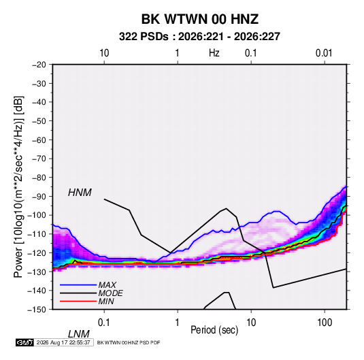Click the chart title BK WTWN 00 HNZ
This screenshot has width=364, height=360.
click(200, 19)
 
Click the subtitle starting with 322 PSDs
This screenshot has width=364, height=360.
click(199, 37)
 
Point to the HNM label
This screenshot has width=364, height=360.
click(80, 193)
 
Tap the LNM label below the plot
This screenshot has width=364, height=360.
click(79, 334)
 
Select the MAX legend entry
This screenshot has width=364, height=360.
click(107, 284)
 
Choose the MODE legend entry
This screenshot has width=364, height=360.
click(110, 293)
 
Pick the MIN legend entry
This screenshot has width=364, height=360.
click(106, 301)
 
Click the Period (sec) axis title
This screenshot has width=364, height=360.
click(214, 330)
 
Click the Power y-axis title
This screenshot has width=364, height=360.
click(18, 187)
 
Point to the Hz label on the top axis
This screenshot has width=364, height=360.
click(214, 53)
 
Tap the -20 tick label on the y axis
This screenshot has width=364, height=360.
click(39, 65)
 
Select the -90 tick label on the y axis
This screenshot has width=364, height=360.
click(39, 196)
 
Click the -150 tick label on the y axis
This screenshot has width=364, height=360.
click(37, 310)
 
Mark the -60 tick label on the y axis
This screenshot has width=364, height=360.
click(39, 140)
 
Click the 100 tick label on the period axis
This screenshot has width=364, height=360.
click(325, 323)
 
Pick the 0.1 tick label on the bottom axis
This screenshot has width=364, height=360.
click(104, 323)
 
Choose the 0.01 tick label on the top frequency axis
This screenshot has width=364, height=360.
click(324, 53)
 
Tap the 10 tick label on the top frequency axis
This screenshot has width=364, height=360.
click(104, 53)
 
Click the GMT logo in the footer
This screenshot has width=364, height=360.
click(25, 342)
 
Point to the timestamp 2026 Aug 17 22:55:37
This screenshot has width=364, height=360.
click(63, 342)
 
